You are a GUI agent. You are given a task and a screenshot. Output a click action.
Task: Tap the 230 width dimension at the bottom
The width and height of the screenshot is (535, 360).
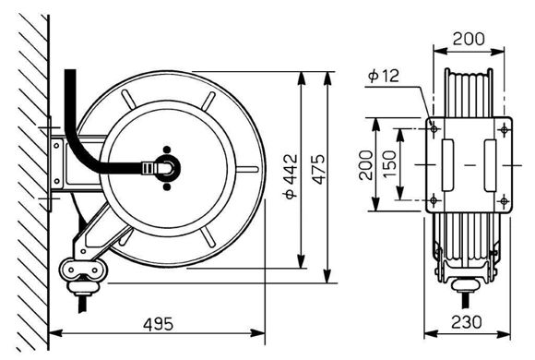click(468, 324)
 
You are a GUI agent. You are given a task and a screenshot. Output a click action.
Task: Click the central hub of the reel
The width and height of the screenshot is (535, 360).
click(167, 168)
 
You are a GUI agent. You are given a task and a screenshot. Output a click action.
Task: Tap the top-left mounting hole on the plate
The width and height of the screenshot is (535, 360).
click(434, 130)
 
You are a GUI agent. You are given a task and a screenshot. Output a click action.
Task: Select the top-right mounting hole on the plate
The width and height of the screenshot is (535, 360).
click(503, 130)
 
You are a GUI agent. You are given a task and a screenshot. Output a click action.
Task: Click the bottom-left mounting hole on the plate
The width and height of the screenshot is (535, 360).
click(434, 200)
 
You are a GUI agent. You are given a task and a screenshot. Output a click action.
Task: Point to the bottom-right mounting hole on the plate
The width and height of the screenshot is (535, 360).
click(503, 200)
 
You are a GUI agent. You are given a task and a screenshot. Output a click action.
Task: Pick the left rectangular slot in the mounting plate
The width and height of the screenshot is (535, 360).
click(449, 165)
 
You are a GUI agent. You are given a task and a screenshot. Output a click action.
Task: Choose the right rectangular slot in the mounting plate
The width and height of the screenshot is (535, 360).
click(490, 165)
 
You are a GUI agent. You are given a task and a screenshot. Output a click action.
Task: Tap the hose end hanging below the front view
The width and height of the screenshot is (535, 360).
click(466, 297)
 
